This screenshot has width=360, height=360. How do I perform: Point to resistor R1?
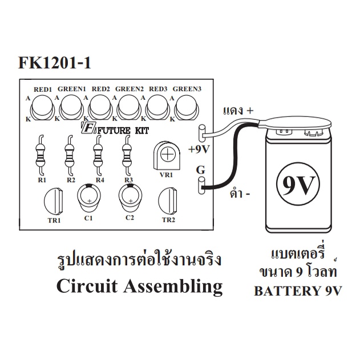coord(41,155)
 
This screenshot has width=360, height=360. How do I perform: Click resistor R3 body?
coord(126,155)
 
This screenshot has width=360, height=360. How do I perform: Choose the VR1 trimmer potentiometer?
coord(167,156)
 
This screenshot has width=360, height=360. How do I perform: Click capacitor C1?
coord(88,198)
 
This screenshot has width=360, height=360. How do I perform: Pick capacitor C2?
coord(130,198)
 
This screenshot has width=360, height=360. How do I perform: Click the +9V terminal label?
coord(199,149)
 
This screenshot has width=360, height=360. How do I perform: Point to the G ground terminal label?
coord(200,171)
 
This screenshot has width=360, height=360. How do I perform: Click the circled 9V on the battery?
coord(298,185)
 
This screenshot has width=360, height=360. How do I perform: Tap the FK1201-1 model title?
coord(55,63)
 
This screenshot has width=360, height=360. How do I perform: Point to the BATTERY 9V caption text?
coord(298,290)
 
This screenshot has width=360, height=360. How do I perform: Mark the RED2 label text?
coord(101,89)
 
